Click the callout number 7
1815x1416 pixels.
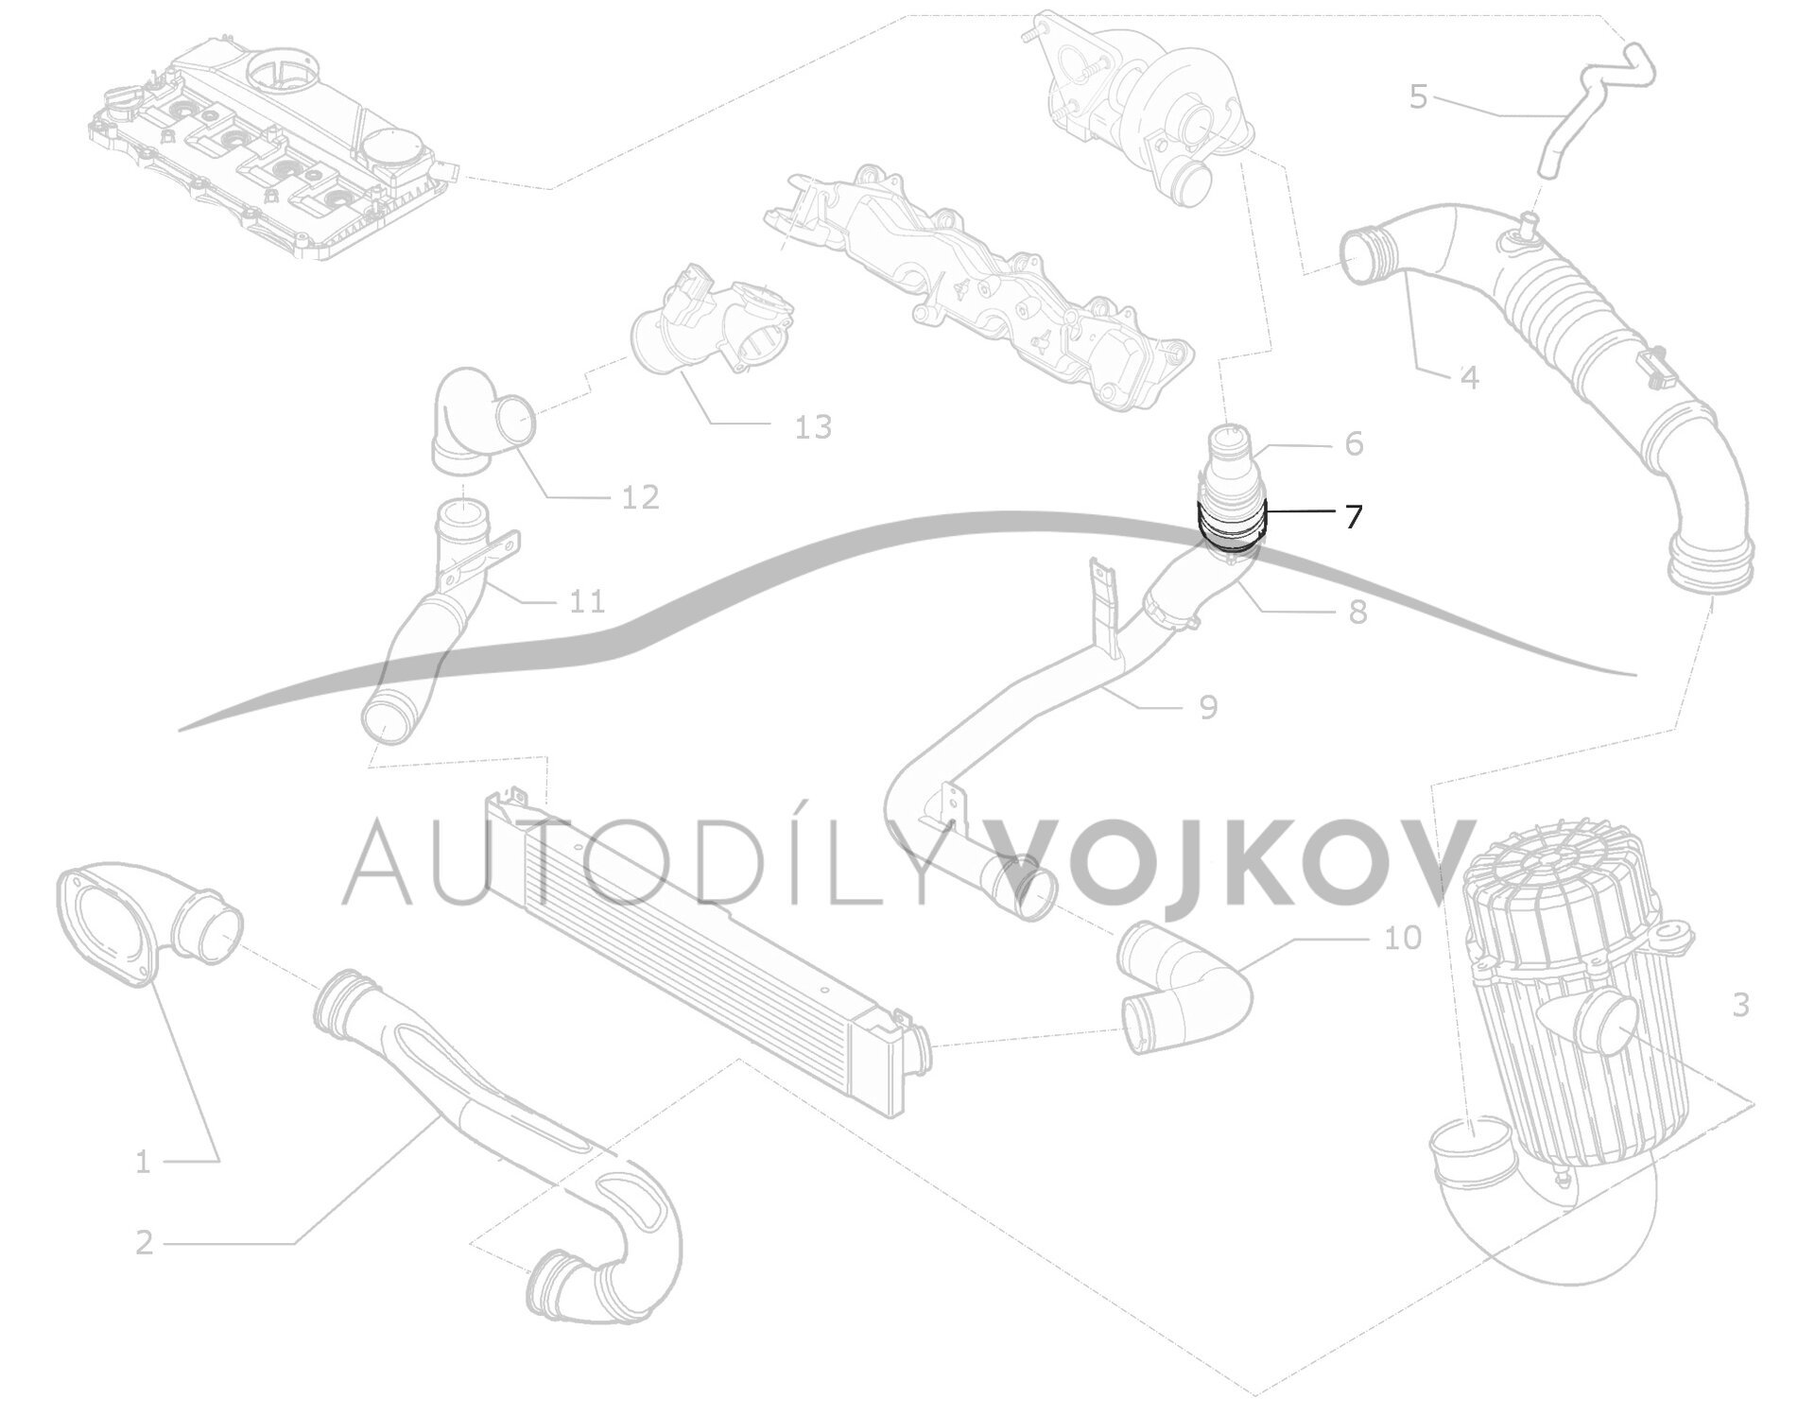(1354, 517)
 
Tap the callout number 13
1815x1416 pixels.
(813, 427)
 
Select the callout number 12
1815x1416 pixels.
(640, 497)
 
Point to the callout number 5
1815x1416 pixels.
(1418, 96)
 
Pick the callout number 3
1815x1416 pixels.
(1740, 1005)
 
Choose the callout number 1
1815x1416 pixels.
(143, 1162)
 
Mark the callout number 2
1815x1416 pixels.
(144, 1242)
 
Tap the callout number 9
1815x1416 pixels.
(1208, 706)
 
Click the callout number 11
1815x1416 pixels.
(587, 600)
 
